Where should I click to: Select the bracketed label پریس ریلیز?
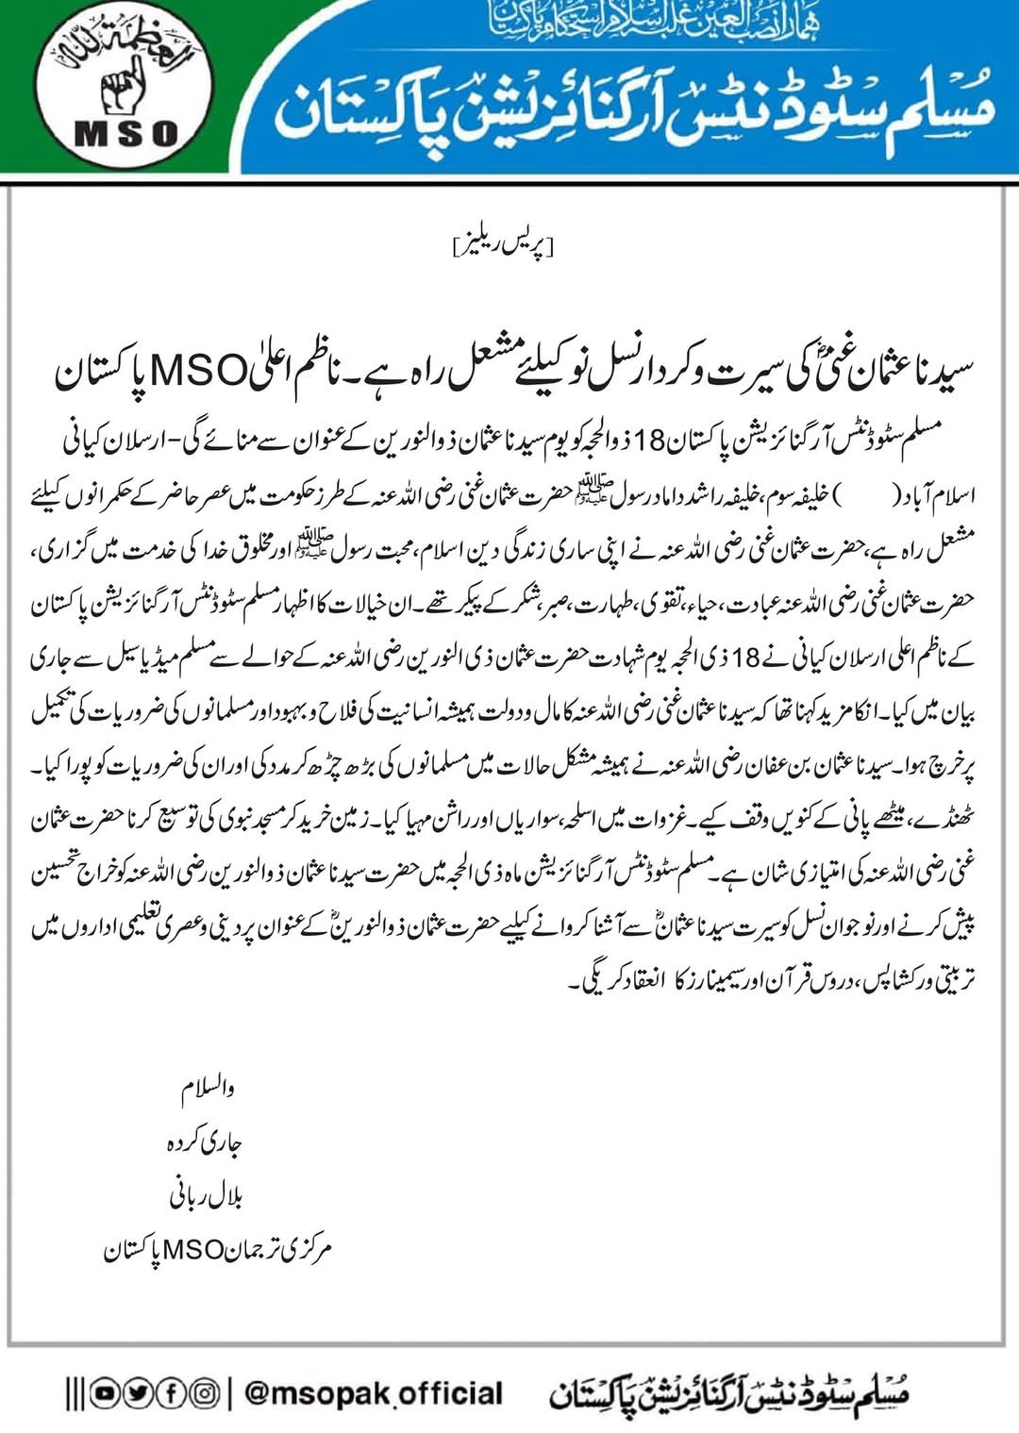coord(504,247)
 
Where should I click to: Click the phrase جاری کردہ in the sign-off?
coord(204,1142)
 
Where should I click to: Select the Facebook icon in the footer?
coord(171,1392)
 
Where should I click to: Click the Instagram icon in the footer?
coord(204,1392)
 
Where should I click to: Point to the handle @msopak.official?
coord(374,1393)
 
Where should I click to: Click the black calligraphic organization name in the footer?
coord(728,1392)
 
